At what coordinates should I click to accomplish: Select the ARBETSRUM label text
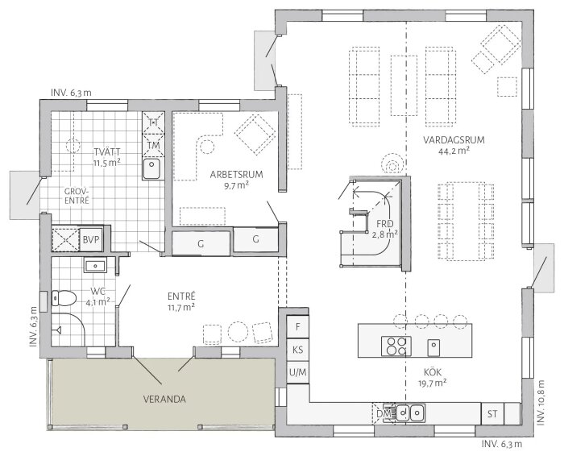pyautogui.click(x=230, y=174)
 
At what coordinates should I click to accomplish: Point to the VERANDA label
pyautogui.click(x=165, y=398)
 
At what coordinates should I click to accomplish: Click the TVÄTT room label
pyautogui.click(x=105, y=151)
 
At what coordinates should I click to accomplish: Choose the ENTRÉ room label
pyautogui.click(x=181, y=296)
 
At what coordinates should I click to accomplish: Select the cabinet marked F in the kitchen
pyautogui.click(x=298, y=327)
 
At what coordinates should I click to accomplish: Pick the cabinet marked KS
pyautogui.click(x=298, y=350)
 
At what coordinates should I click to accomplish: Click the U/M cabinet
pyautogui.click(x=298, y=373)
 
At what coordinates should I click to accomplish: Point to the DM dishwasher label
pyautogui.click(x=384, y=413)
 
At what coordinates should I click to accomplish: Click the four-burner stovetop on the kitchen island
pyautogui.click(x=396, y=346)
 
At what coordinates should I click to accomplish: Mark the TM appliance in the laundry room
pyautogui.click(x=152, y=144)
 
